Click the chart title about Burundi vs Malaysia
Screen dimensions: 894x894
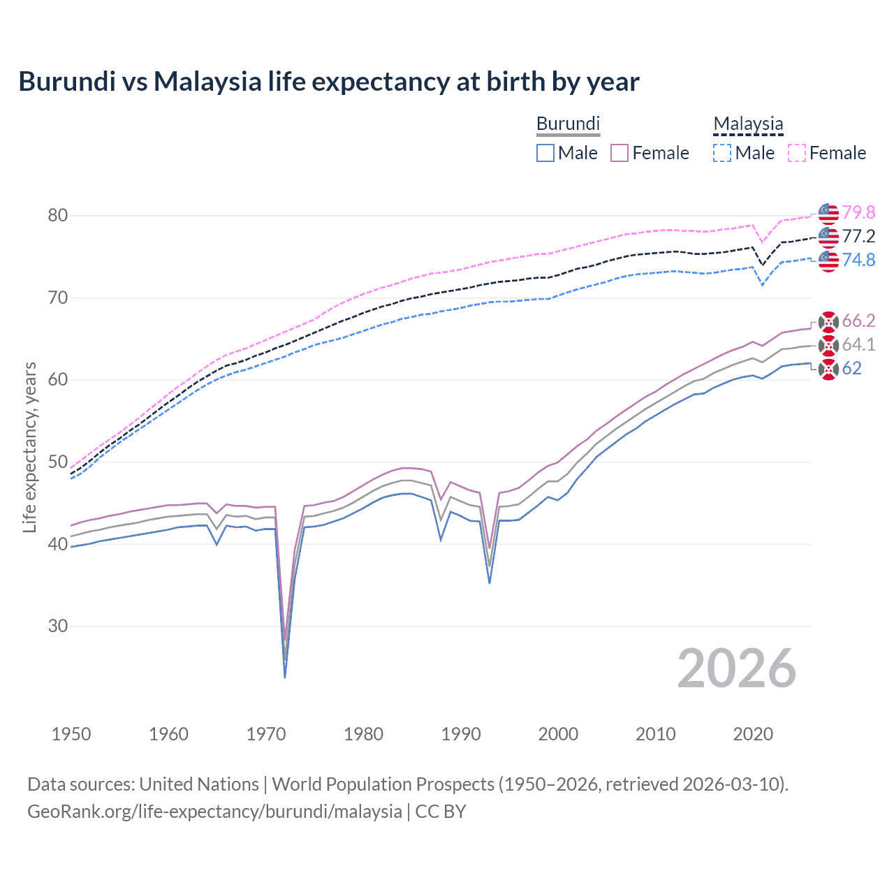coord(328,82)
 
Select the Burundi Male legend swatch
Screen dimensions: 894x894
coord(545,153)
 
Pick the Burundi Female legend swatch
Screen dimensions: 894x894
coord(620,153)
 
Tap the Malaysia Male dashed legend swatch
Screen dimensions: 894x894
coord(722,153)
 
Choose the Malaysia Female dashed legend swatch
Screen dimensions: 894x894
coord(796,153)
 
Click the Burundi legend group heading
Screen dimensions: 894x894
coord(568,124)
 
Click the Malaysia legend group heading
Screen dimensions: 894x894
coord(748,124)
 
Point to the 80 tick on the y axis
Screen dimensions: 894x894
coord(58,215)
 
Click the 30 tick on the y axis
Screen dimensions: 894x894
coord(58,626)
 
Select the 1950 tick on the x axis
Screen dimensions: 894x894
coord(71,734)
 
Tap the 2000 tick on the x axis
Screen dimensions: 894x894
coord(558,734)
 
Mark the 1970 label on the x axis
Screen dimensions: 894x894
coord(266,734)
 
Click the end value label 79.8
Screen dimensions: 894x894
coord(858,212)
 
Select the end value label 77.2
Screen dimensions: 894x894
coord(858,236)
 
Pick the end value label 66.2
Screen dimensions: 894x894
coord(858,321)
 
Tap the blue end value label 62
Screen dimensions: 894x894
coord(851,368)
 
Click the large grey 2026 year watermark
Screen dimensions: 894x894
coord(736,668)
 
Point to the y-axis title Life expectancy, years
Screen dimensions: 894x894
coord(29,447)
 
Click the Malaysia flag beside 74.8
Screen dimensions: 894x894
coord(828,260)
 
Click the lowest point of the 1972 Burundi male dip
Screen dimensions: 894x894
coord(285,677)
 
